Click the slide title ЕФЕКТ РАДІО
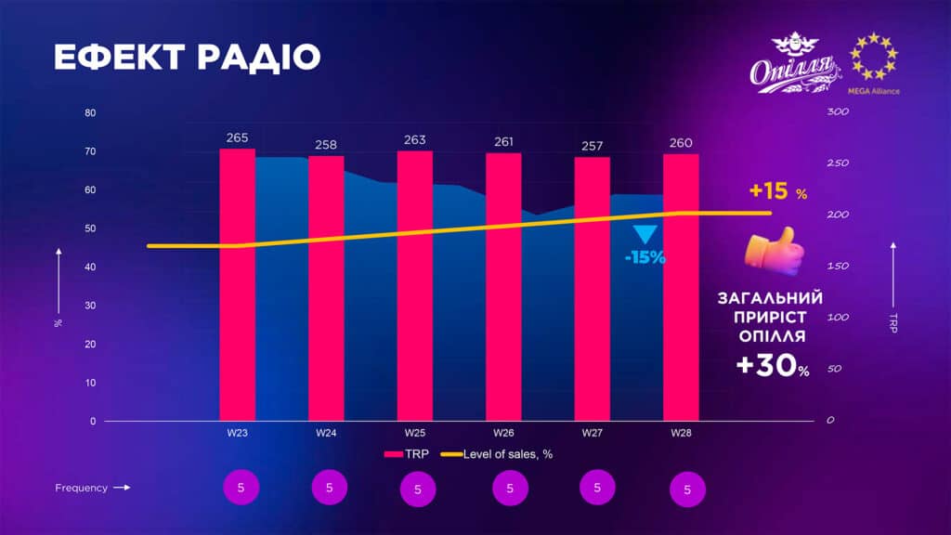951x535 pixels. tap(187, 58)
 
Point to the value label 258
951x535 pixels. tap(326, 145)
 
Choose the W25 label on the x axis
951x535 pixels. tap(415, 433)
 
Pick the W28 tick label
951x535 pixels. tap(681, 433)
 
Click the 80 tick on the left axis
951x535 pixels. tap(90, 112)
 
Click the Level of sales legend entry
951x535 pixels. tap(496, 454)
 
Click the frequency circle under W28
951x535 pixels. tap(687, 489)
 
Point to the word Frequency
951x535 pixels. tap(82, 488)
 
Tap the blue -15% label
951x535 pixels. tap(645, 257)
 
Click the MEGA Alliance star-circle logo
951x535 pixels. tap(876, 57)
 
